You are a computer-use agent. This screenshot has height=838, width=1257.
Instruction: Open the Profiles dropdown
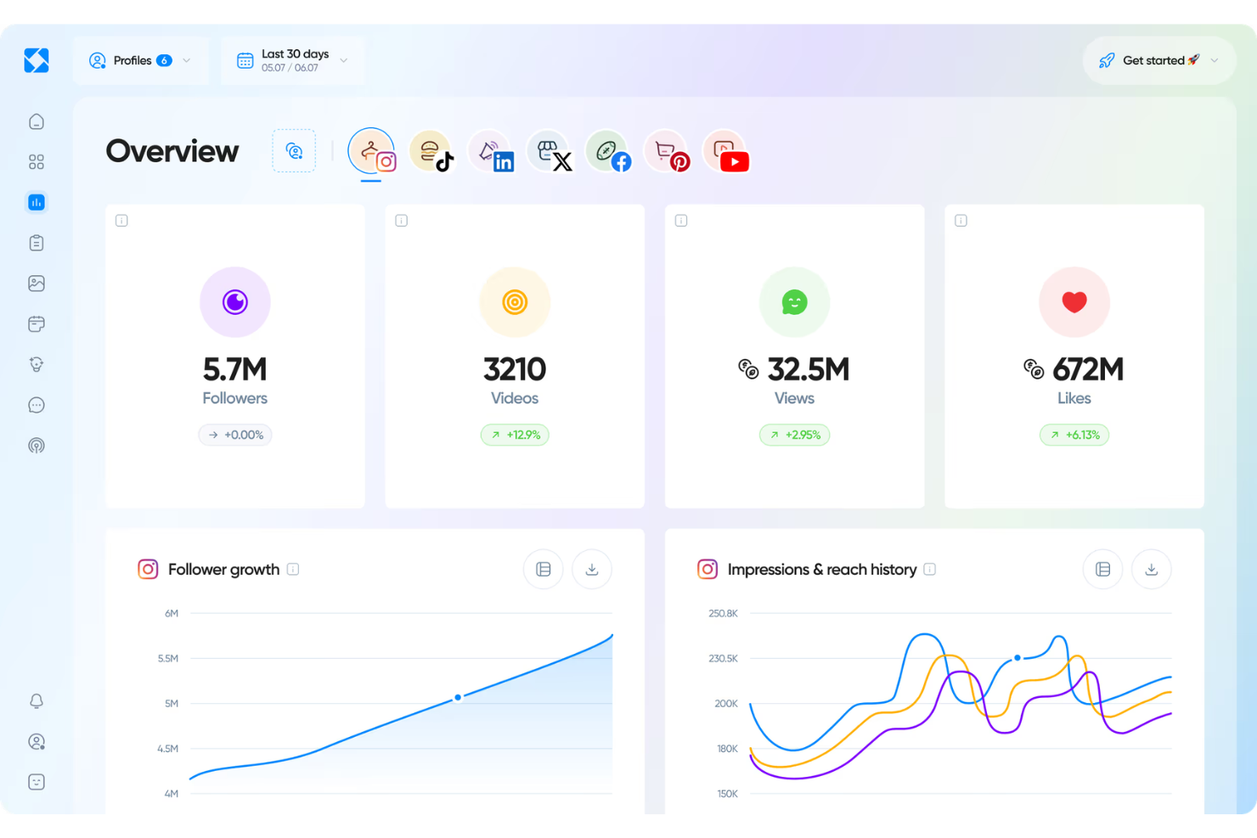coord(140,60)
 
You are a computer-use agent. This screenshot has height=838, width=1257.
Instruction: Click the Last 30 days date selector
coord(292,60)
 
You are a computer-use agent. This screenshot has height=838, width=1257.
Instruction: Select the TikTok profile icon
coord(431,152)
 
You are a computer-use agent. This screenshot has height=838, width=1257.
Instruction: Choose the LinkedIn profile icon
coord(491,152)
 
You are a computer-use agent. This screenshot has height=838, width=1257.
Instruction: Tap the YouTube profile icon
coord(726,152)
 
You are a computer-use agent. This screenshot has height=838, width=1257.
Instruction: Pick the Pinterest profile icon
coord(668,152)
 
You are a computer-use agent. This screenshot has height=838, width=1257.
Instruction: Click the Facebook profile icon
coord(608,152)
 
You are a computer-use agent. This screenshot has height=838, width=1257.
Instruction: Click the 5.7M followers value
coord(234,369)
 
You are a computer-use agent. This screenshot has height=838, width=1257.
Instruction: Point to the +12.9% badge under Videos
coord(515,435)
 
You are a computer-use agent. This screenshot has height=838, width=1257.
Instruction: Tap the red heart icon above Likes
coord(1074,302)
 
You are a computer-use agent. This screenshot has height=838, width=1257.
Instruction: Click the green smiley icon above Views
coord(794,302)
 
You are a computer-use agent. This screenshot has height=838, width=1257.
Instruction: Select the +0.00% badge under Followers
coord(235,435)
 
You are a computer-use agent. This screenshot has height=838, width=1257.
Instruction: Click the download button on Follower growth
coord(592,569)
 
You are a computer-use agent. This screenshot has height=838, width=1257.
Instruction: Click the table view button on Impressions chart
coord(1102,569)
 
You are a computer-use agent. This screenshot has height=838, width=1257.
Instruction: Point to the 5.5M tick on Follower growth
coord(168,658)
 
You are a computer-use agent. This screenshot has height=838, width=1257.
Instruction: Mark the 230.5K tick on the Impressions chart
coord(723,658)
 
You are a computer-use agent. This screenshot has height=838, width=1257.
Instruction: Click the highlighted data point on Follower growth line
coord(458,697)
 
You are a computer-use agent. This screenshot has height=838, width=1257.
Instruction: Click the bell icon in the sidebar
coord(37,701)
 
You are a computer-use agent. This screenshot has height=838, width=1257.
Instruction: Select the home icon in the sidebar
coord(37,121)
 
